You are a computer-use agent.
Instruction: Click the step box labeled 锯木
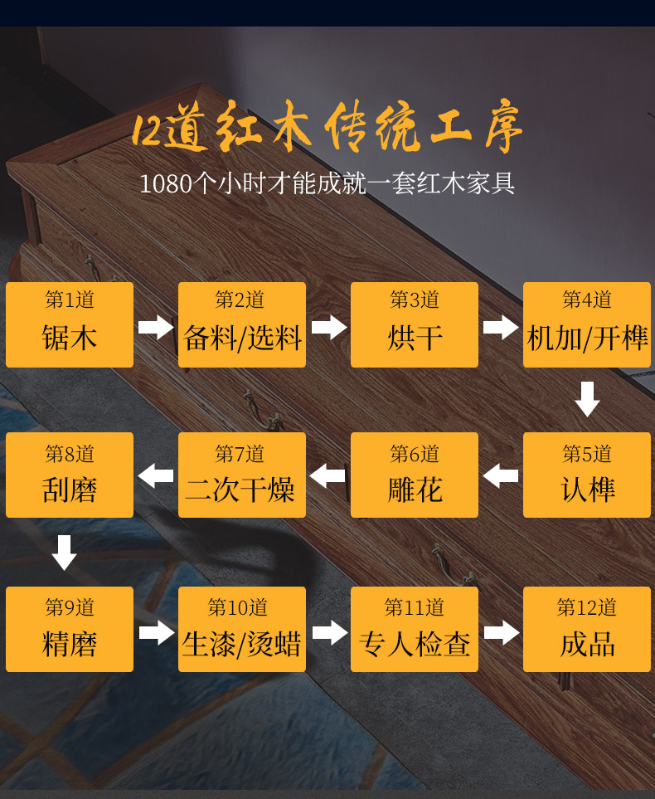click(70, 324)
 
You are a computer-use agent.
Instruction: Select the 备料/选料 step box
click(242, 324)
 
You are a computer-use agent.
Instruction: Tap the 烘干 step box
click(415, 324)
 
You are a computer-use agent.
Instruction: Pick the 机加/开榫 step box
click(587, 324)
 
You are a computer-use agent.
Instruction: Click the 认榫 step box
click(587, 475)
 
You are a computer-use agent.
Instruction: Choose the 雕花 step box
click(415, 475)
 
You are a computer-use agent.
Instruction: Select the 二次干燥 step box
click(242, 475)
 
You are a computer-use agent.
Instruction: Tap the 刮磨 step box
click(70, 475)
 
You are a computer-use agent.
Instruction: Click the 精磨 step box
click(70, 630)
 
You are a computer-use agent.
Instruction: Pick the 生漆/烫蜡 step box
click(242, 630)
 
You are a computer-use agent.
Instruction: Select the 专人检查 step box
click(415, 630)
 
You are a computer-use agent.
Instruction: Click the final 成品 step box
click(587, 630)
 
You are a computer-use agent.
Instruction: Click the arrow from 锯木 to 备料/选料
click(156, 327)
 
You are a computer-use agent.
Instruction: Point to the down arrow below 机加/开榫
click(587, 399)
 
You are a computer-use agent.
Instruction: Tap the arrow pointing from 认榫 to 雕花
click(501, 476)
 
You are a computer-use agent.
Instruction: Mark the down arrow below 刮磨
click(64, 553)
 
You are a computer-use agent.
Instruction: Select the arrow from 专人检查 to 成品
click(501, 632)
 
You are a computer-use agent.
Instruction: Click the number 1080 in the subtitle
click(166, 183)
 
